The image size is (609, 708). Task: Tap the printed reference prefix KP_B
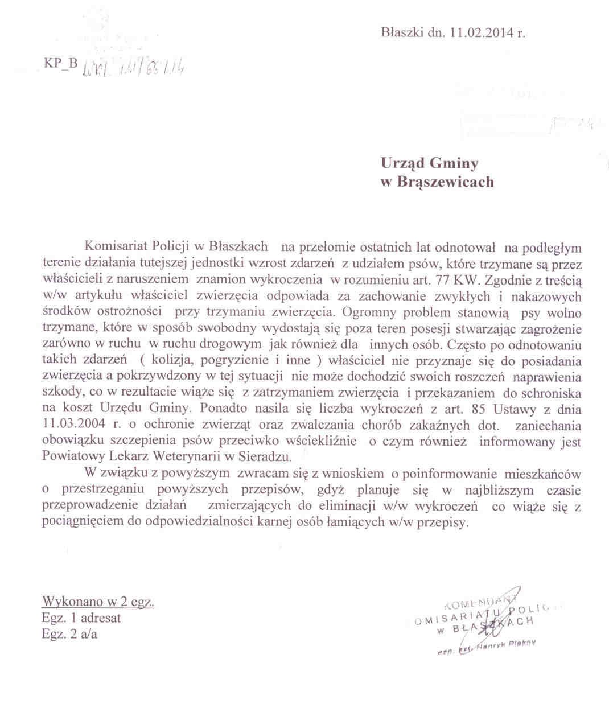(59, 64)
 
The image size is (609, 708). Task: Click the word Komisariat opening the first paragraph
(116, 246)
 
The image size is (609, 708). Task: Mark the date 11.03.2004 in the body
(68, 425)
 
